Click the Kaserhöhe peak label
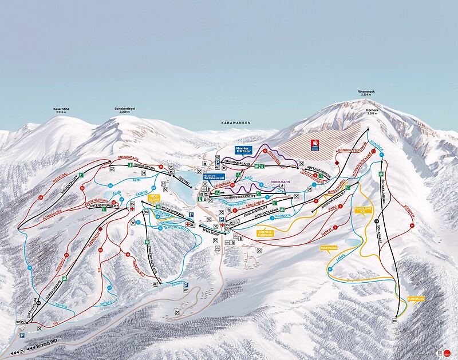tap(61, 110)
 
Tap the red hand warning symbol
tap(314, 143)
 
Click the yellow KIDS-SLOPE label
tap(153, 197)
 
